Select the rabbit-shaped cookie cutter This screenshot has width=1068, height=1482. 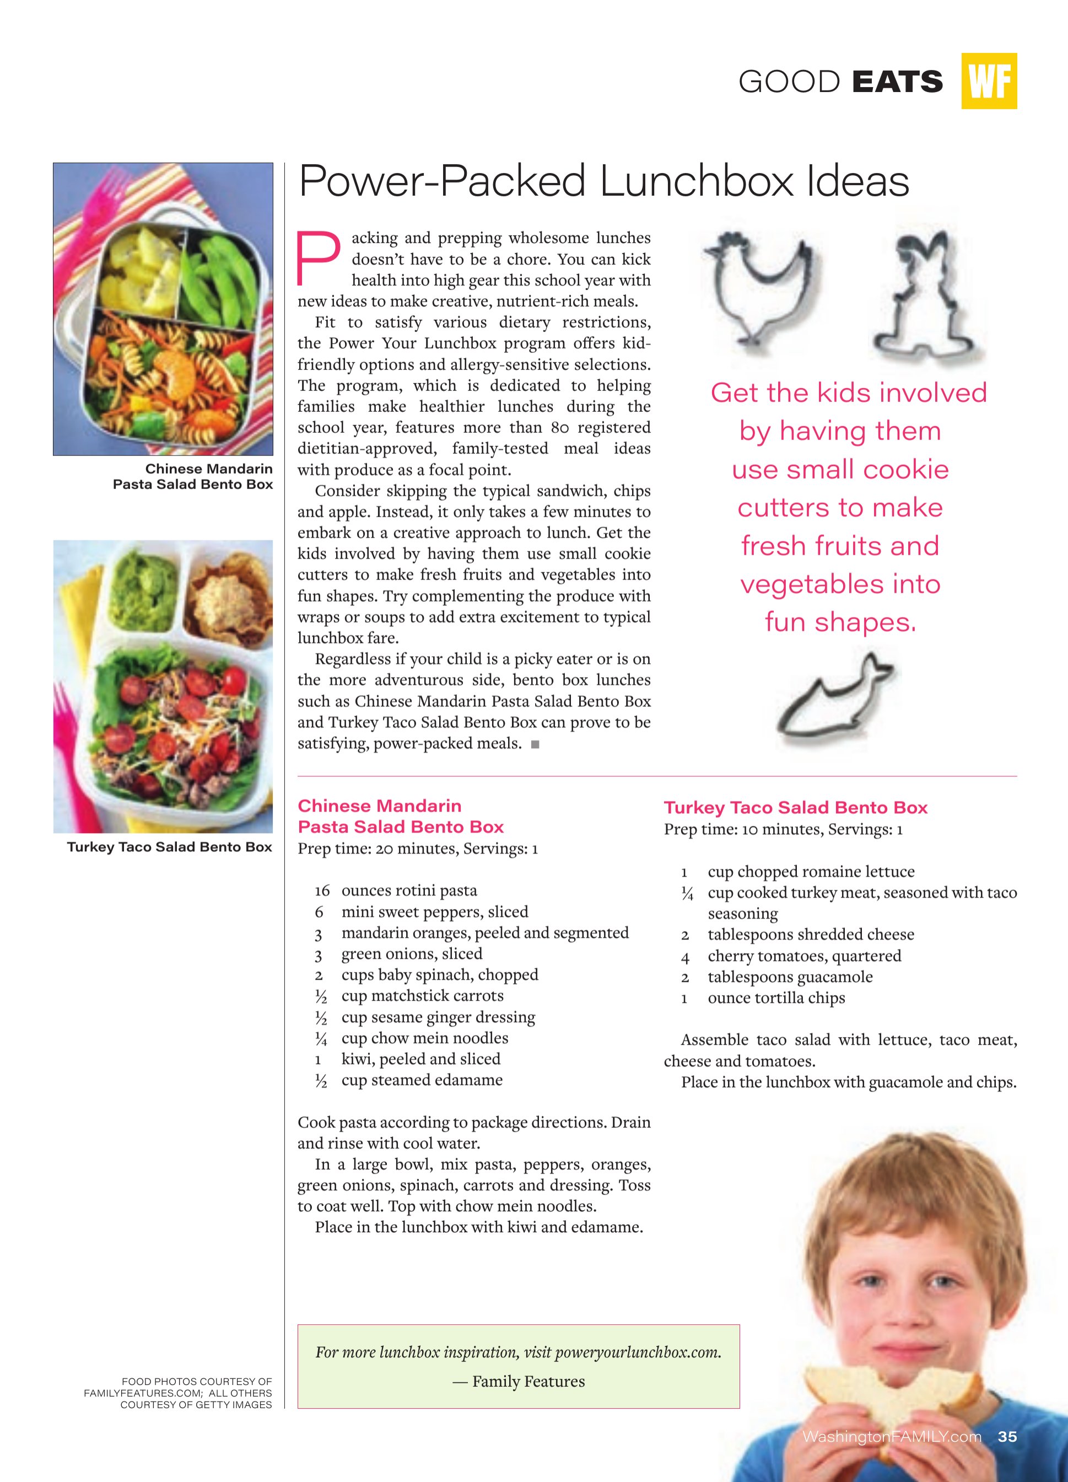pyautogui.click(x=920, y=294)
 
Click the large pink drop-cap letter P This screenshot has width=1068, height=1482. pyautogui.click(x=319, y=259)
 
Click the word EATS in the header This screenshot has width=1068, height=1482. pyautogui.click(x=897, y=82)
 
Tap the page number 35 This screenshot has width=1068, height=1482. pyautogui.click(x=1007, y=1436)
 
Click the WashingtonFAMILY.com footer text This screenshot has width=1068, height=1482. pyautogui.click(x=892, y=1436)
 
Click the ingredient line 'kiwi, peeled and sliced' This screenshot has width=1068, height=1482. pyautogui.click(x=420, y=1059)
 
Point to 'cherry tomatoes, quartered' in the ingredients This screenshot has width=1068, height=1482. pyautogui.click(x=804, y=955)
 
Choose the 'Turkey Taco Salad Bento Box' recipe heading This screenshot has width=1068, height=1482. pyautogui.click(x=795, y=808)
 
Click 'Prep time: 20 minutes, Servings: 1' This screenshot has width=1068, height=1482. pyautogui.click(x=417, y=849)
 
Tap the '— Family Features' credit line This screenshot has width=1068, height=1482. pyautogui.click(x=519, y=1381)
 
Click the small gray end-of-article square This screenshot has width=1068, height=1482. pyautogui.click(x=535, y=744)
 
